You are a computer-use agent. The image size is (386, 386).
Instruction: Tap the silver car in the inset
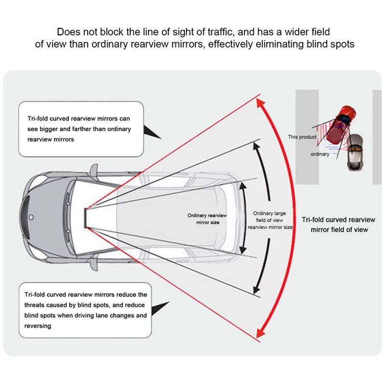point(356,151)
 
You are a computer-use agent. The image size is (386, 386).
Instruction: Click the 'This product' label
point(302,137)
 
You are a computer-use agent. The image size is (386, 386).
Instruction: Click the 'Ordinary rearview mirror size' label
point(207,219)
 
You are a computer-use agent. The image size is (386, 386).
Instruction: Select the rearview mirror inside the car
point(85,217)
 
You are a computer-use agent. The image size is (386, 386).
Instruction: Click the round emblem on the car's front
point(30,217)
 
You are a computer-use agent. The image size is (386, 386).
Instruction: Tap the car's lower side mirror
point(93,265)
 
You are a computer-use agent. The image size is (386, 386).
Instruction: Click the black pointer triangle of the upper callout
point(153,131)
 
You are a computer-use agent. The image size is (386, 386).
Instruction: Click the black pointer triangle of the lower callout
point(161,309)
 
